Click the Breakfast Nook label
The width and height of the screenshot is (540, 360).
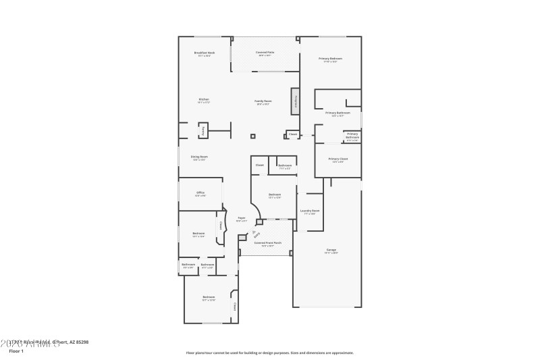coord(204,53)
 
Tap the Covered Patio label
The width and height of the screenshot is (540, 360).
coord(265,53)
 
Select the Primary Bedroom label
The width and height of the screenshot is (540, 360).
coord(331,59)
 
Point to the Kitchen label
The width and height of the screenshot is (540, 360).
coord(204,101)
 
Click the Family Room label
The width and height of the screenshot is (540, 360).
coord(263,102)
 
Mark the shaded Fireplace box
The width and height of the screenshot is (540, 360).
coord(295,101)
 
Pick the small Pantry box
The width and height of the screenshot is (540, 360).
coord(203,130)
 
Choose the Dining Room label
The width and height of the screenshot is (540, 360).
coord(200,158)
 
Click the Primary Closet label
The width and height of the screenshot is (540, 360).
coord(337,160)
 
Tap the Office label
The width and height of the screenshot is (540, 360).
coord(200,194)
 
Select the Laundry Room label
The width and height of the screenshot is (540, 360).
coord(310,211)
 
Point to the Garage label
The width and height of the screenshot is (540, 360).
coord(331,251)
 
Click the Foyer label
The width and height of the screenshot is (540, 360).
coord(241,219)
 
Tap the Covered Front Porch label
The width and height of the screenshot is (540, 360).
coord(268,243)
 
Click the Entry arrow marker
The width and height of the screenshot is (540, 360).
coord(255,234)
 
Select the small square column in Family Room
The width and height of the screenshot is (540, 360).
coord(253,136)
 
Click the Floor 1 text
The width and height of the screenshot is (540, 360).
coord(16,351)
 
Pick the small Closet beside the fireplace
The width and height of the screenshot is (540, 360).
coord(293,134)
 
